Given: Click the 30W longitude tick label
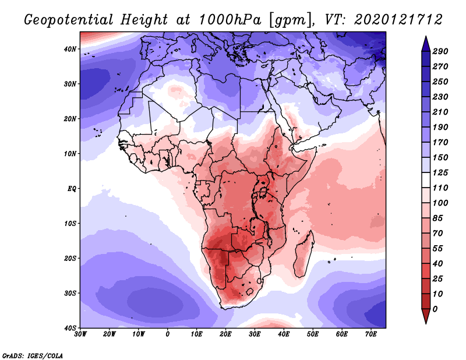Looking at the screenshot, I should pos(80,334).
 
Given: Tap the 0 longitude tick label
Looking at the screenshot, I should pos(168,334).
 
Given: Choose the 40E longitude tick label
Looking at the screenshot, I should pos(284,334).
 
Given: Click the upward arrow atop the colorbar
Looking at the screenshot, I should pos(425,42).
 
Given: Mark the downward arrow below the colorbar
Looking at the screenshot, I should pos(425,317).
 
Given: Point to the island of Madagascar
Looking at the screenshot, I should pos(305,255).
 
